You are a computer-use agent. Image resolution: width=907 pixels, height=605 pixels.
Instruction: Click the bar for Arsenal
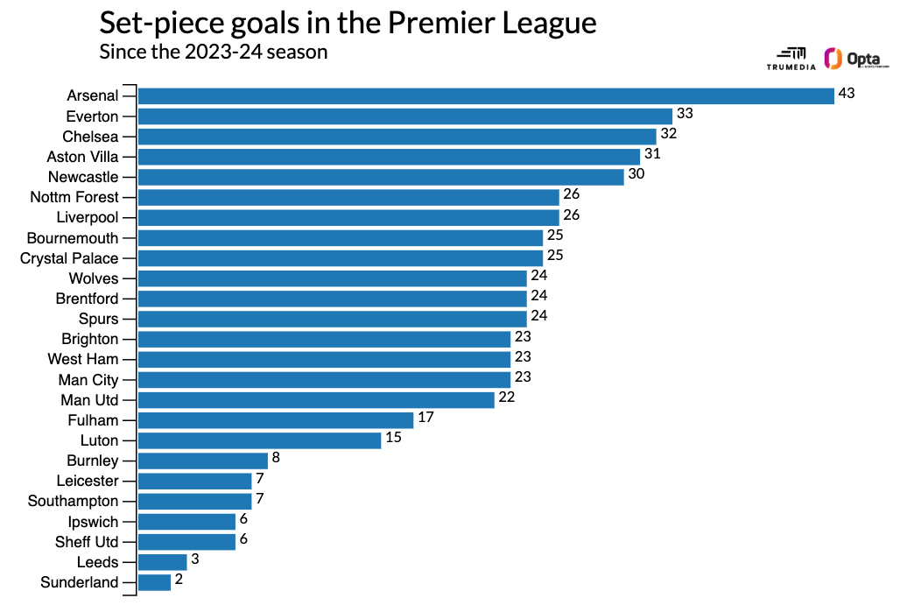(486, 95)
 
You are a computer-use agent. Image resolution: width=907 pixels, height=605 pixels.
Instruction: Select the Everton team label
(92, 116)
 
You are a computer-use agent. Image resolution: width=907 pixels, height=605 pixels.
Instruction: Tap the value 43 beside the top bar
(846, 93)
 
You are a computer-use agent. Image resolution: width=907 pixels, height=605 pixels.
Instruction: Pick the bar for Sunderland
(154, 582)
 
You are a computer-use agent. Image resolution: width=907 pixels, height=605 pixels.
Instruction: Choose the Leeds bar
(162, 562)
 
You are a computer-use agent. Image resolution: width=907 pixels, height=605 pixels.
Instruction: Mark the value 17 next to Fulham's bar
(425, 417)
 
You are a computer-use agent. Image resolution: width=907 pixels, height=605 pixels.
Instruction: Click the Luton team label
(99, 440)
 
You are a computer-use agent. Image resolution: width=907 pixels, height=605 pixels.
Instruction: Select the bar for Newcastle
(381, 177)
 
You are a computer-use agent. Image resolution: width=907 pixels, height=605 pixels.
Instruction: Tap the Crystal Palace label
(69, 258)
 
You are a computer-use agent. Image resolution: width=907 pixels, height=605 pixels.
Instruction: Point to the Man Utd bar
(316, 400)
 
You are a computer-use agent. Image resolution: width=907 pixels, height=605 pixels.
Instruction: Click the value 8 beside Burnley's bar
(276, 457)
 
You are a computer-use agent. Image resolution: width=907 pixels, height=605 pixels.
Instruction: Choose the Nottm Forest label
(74, 197)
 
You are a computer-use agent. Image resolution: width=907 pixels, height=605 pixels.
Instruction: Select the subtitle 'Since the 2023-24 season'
(214, 52)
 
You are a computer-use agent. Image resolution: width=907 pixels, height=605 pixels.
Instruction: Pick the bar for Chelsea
(397, 136)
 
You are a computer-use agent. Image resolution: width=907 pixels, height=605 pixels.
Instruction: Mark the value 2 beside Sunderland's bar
(179, 579)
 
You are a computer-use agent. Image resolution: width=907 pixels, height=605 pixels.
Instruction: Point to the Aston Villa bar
(389, 157)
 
